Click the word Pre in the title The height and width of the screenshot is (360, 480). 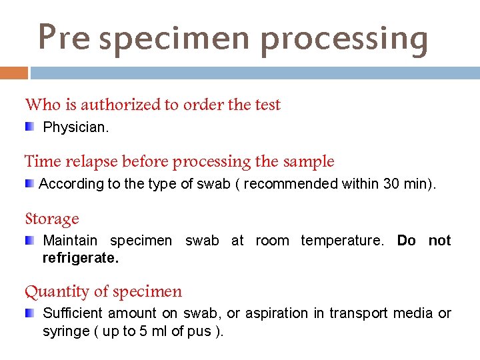63,37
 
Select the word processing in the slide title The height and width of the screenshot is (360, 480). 344,39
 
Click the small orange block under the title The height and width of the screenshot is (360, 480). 13,72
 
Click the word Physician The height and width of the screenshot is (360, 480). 75,127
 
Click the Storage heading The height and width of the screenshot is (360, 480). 52,219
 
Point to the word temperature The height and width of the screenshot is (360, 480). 343,241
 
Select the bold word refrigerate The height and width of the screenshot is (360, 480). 80,258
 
